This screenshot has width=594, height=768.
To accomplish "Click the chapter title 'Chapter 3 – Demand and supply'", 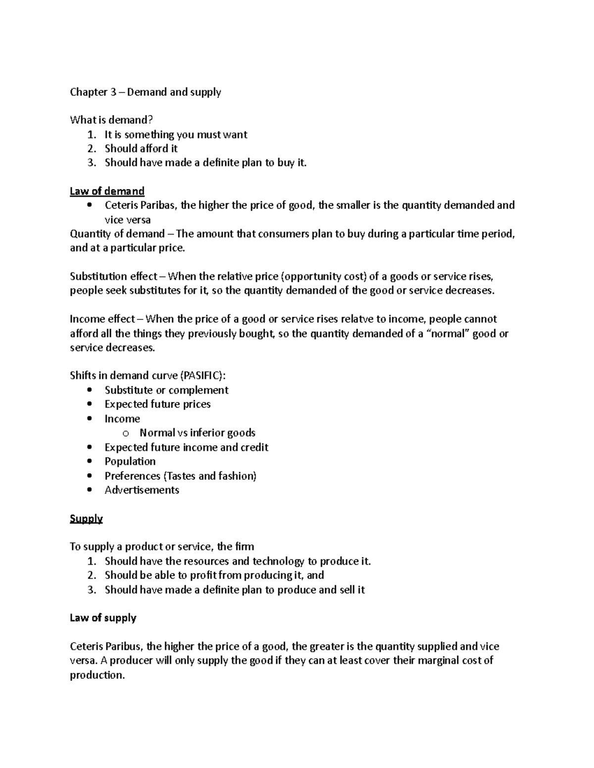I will (145, 92).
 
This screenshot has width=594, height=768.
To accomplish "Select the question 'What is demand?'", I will (111, 120).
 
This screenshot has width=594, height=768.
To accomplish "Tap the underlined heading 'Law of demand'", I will (107, 191).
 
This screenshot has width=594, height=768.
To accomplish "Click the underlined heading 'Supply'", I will (86, 519).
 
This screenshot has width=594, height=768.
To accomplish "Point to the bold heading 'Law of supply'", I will (103, 618).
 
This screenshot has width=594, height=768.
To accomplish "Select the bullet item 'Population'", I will (130, 461).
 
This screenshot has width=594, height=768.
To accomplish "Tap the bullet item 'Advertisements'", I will (142, 490).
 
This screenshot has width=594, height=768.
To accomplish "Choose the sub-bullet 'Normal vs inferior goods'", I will (197, 433).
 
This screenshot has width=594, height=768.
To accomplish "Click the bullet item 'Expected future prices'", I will (157, 405).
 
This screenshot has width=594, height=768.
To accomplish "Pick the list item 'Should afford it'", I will (141, 149).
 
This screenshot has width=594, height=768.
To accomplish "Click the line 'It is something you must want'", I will (176, 135).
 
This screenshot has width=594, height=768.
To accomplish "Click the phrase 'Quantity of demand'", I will (117, 234).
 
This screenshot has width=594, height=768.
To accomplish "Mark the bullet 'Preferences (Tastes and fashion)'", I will (180, 476).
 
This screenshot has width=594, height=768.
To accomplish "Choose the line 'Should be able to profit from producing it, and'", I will (214, 575).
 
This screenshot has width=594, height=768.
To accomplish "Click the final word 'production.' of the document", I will (97, 676).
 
